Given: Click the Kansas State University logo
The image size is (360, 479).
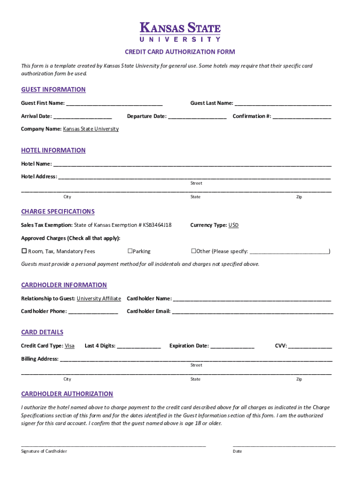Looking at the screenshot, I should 180,32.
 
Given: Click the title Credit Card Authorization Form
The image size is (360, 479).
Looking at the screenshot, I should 180,52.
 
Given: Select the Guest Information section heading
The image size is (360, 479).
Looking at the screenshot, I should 53,89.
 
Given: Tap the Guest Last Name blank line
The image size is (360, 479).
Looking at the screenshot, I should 283,103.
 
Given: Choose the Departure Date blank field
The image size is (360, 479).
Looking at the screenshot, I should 197,116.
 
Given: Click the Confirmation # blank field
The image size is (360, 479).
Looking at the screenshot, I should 302,116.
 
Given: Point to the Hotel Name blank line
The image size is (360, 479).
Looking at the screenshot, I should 192,164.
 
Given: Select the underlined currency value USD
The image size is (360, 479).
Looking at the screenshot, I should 233,225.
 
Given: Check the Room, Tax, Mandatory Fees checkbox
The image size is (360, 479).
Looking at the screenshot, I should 24,251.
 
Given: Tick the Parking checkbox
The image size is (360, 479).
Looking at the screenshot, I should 130,251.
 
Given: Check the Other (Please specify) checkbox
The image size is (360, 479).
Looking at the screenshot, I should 193,251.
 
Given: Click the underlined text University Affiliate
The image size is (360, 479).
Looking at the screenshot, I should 99,298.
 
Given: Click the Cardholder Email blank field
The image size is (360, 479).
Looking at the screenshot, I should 252,312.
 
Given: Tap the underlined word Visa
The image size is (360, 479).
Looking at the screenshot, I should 69,346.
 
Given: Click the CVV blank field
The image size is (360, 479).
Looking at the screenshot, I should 310,346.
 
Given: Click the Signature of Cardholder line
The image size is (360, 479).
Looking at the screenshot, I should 113,444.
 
